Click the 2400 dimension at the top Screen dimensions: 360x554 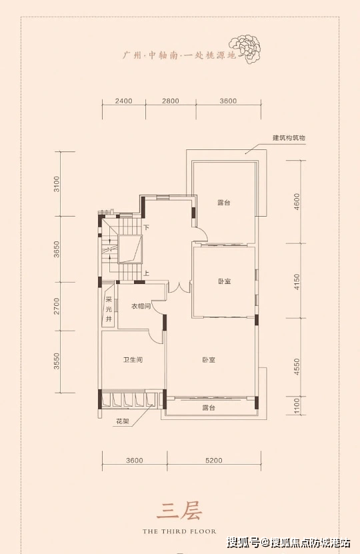[x=123, y=101]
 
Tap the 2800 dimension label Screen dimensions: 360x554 [x=171, y=101]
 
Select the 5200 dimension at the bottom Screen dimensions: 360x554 [x=214, y=461]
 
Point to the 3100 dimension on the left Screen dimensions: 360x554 [x=57, y=184]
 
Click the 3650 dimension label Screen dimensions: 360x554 [x=57, y=249]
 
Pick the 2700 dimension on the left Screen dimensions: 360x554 [x=57, y=306]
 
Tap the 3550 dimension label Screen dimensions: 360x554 [x=57, y=361]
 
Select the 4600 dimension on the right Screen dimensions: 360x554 [x=297, y=202]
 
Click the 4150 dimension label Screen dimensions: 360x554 [x=297, y=281]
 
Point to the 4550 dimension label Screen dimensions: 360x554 [x=297, y=367]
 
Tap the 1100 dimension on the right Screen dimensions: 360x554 [x=297, y=406]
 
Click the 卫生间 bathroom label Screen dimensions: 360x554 [x=133, y=360]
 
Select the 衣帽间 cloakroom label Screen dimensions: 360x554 [x=141, y=306]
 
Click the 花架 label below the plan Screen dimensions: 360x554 [x=123, y=421]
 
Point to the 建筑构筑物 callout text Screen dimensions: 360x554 [x=289, y=138]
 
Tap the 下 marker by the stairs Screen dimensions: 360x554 [x=146, y=228]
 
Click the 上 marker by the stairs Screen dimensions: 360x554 [x=146, y=273]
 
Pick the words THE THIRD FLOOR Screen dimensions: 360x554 [x=179, y=531]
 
